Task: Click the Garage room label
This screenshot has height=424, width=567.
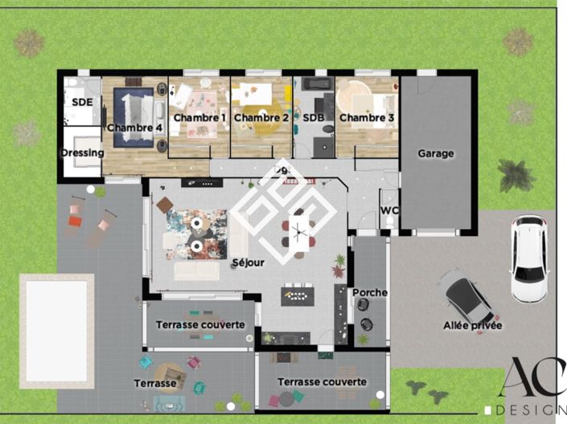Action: tap(436, 153)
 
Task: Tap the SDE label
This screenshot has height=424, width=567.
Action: tap(82, 103)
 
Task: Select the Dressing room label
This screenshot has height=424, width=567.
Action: tap(82, 153)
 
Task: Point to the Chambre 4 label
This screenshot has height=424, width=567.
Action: tap(134, 127)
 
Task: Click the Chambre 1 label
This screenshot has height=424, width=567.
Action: tap(199, 118)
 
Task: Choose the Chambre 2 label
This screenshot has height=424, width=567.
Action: tap(261, 118)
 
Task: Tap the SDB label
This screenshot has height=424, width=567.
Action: tap(313, 118)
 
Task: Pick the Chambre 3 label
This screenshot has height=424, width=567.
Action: tap(367, 118)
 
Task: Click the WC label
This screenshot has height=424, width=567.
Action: tap(389, 210)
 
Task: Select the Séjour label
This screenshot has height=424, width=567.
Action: tap(248, 263)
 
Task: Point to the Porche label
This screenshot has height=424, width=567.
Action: tap(370, 292)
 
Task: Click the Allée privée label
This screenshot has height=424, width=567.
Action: tap(473, 325)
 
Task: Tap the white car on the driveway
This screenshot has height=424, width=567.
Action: tap(528, 259)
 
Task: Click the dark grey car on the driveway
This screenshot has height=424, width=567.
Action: tap(469, 300)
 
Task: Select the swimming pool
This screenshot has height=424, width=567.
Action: tap(56, 328)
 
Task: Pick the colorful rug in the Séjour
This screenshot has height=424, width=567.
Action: tap(196, 234)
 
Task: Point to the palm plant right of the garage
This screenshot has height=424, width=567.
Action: tap(514, 174)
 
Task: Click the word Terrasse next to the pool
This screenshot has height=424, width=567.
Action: tap(155, 384)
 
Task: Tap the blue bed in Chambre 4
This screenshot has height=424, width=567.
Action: tap(132, 117)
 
